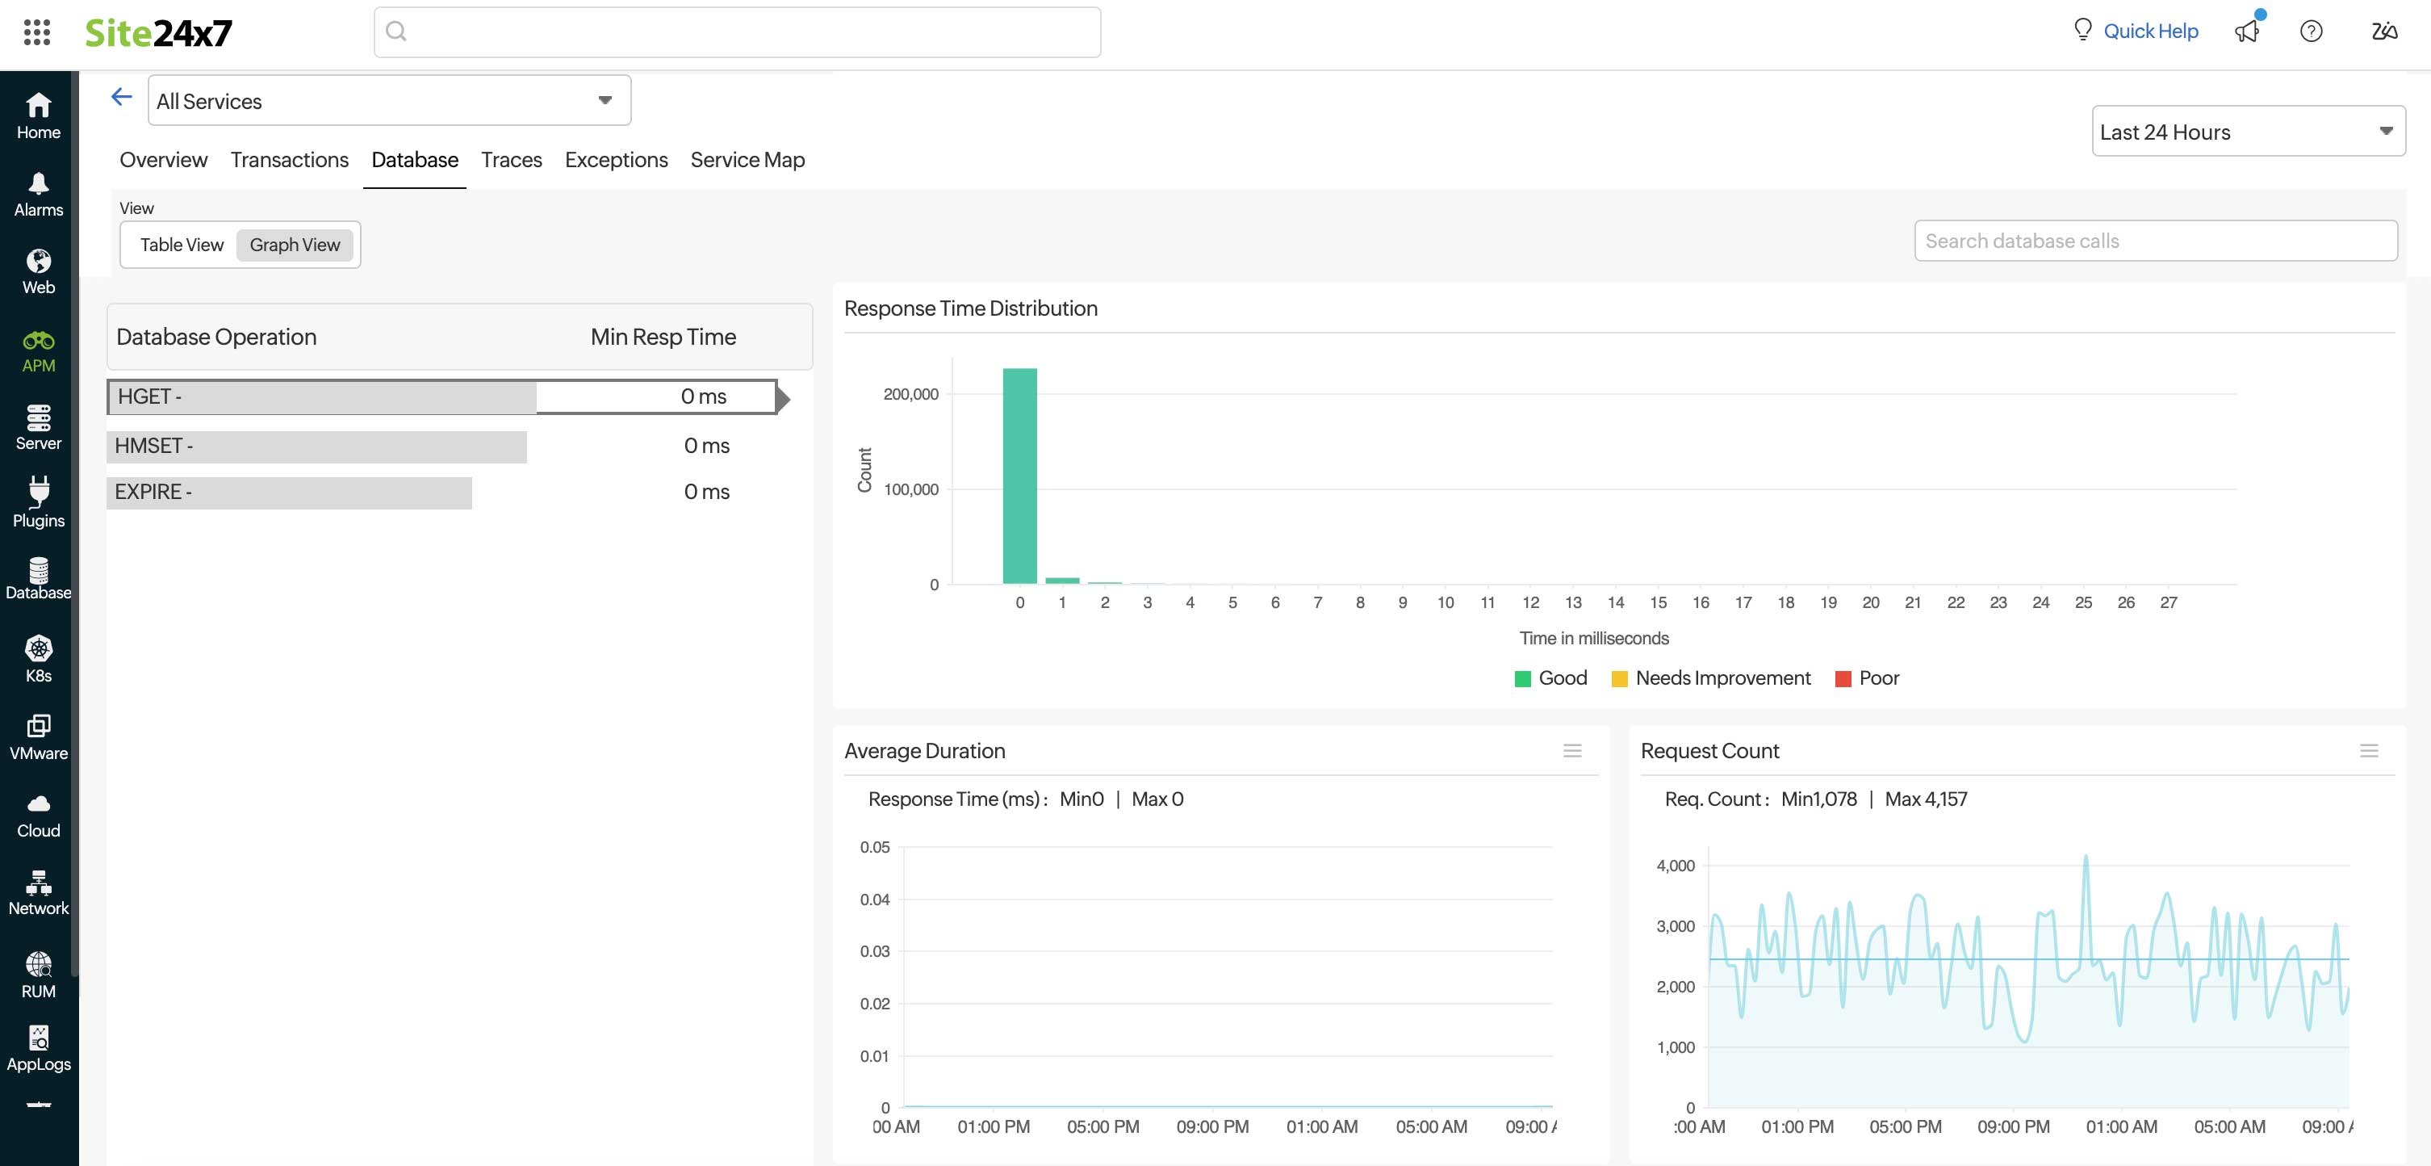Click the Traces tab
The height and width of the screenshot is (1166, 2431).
point(511,160)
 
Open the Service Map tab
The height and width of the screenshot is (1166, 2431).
point(747,160)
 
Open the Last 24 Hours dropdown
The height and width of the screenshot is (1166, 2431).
point(2247,132)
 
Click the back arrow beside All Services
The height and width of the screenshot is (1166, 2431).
point(122,97)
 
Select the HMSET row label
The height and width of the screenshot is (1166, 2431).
point(153,446)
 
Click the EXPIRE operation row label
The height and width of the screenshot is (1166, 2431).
point(153,492)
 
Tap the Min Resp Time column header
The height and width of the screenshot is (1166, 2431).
point(663,337)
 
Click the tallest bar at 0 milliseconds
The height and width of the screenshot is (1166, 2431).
point(1019,476)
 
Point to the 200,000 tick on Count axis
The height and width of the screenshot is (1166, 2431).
point(910,394)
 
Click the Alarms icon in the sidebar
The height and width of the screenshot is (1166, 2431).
point(39,194)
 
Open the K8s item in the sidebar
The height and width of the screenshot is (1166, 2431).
point(39,659)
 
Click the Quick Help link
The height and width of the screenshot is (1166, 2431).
point(2150,31)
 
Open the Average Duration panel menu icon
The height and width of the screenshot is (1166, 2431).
point(1571,751)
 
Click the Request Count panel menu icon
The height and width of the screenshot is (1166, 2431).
point(2368,751)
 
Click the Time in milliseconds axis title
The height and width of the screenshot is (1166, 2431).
point(1593,638)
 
